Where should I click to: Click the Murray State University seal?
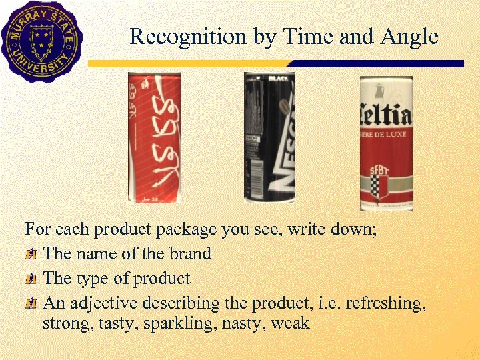tap(41, 41)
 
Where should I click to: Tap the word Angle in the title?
tap(407, 36)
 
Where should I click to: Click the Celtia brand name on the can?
tap(386, 116)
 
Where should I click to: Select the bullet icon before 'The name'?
tap(31, 254)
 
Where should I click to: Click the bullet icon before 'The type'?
tap(31, 279)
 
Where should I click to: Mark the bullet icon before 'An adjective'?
tap(31, 303)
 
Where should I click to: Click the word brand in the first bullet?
tap(190, 254)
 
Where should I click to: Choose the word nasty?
tap(242, 324)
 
